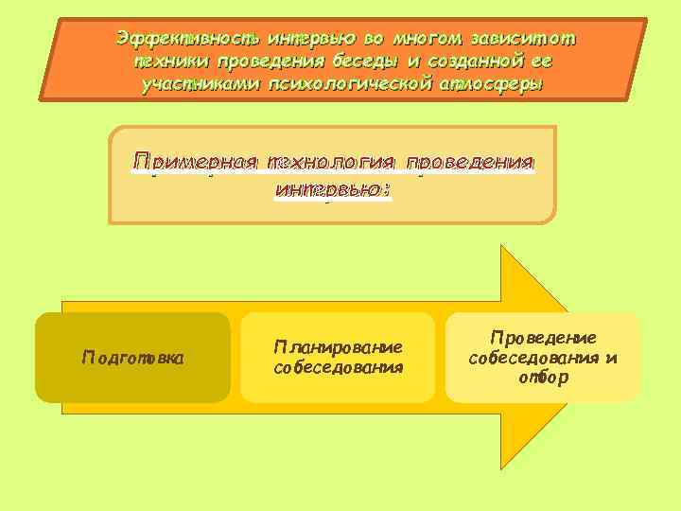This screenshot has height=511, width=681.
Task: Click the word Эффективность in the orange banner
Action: click(188, 40)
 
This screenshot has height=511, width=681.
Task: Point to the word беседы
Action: click(363, 62)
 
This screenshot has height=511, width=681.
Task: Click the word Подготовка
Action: click(132, 358)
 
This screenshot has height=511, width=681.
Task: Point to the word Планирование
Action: click(338, 347)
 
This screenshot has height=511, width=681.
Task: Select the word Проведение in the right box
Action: click(543, 338)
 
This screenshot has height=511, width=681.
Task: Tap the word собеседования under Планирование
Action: click(338, 367)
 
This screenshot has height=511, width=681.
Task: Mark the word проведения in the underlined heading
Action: click(468, 162)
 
